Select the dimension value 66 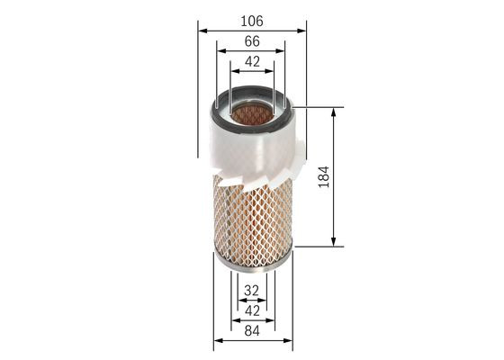click(251, 40)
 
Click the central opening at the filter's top click(251, 114)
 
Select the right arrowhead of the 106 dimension click(303, 29)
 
